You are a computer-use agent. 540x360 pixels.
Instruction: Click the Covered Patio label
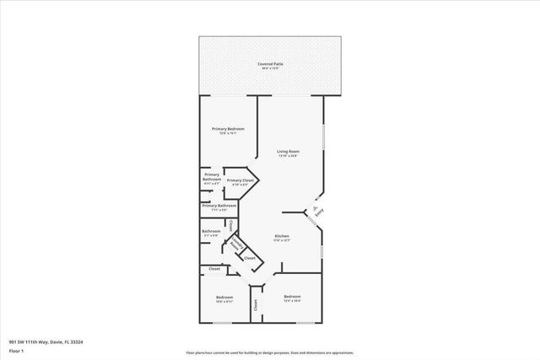(x=269, y=63)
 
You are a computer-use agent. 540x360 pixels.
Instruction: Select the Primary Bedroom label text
(x=228, y=128)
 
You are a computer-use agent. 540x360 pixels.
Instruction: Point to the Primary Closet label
(x=240, y=180)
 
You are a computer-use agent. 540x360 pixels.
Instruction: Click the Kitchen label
(x=282, y=236)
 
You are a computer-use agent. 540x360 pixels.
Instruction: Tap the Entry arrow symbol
(x=313, y=207)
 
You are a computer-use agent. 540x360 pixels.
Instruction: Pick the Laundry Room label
(x=239, y=245)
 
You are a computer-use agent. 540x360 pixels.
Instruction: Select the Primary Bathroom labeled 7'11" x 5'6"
(x=219, y=207)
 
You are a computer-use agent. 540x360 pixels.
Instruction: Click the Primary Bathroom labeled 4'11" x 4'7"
(x=211, y=177)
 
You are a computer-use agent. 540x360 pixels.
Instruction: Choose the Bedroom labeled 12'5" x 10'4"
(x=292, y=298)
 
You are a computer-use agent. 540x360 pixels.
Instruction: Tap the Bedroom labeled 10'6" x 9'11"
(x=224, y=298)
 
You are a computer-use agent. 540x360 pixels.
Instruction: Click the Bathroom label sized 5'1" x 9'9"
(x=210, y=232)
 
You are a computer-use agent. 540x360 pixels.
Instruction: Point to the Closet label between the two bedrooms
(x=256, y=306)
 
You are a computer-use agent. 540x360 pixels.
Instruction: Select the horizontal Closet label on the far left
(x=214, y=269)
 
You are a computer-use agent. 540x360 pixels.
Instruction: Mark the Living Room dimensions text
(x=288, y=156)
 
